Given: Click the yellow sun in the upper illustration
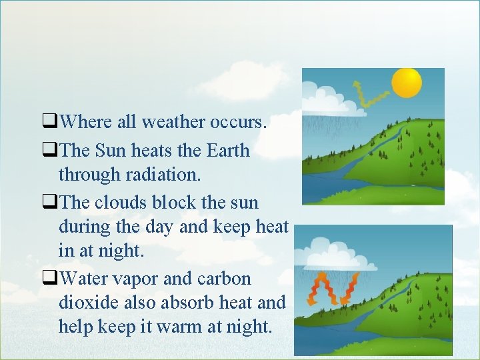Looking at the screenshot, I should pyautogui.click(x=407, y=83).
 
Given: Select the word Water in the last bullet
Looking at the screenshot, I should pyautogui.click(x=82, y=278).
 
